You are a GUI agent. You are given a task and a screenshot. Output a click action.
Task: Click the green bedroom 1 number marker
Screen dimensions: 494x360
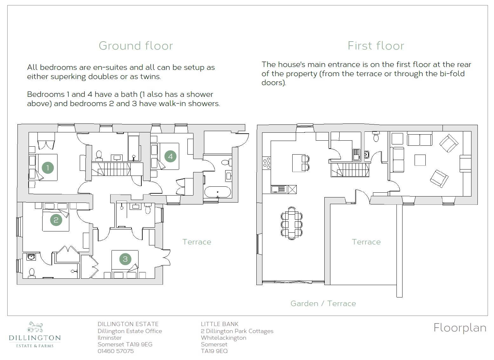pyautogui.click(x=48, y=168)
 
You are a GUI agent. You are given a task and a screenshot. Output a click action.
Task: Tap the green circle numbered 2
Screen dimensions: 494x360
pyautogui.click(x=56, y=220)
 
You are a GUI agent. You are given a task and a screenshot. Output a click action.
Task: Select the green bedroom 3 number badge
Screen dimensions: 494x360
pyautogui.click(x=125, y=259)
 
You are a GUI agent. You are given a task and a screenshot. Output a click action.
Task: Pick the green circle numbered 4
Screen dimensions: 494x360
pyautogui.click(x=171, y=157)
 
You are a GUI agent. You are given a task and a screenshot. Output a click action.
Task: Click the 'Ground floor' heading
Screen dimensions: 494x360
pyautogui.click(x=136, y=46)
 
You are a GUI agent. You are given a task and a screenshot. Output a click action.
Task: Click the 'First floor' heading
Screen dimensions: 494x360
pyautogui.click(x=376, y=46)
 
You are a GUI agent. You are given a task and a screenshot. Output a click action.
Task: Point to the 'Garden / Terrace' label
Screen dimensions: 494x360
pyautogui.click(x=323, y=303)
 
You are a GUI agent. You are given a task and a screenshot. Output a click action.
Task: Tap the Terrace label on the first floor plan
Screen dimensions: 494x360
pyautogui.click(x=366, y=242)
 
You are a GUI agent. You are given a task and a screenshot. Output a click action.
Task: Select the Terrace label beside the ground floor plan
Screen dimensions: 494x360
pyautogui.click(x=197, y=242)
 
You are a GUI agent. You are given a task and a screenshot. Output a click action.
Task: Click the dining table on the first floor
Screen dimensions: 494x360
pyautogui.click(x=292, y=223)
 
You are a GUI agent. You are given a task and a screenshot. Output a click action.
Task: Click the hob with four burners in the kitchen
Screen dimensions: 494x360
pyautogui.click(x=267, y=163)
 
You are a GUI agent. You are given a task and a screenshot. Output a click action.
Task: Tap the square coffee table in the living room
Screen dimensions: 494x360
pyautogui.click(x=420, y=160)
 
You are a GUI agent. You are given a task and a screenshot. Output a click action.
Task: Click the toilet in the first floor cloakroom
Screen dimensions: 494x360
pyautogui.click(x=376, y=137)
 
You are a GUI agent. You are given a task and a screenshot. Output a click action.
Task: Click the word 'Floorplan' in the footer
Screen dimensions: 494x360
pyautogui.click(x=460, y=328)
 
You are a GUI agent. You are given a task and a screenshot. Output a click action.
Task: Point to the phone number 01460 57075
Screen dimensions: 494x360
pyautogui.click(x=116, y=351)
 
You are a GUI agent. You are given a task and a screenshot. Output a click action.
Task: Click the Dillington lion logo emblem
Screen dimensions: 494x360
pyautogui.click(x=35, y=327)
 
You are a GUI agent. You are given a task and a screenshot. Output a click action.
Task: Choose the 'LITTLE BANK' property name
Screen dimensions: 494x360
pyautogui.click(x=220, y=324)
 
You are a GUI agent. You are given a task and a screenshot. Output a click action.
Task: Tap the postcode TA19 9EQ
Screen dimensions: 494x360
pyautogui.click(x=214, y=351)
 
